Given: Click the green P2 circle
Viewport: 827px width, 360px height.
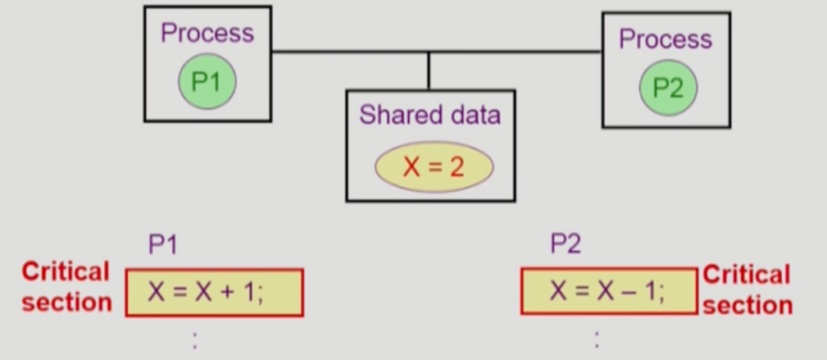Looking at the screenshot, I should coord(667,88).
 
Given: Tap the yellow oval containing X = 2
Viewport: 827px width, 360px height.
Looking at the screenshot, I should coord(434,167).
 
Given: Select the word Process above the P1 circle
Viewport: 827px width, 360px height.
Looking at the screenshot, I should coord(207,34).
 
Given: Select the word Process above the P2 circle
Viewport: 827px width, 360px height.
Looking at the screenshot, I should coord(665,39).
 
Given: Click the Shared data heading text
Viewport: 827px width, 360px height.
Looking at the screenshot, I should coord(429,115).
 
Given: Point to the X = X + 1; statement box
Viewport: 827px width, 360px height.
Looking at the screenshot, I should coord(214,292).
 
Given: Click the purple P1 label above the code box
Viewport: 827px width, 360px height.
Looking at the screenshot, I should coord(162,244).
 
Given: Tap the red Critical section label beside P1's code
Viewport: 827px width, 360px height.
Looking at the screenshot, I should coord(66,287).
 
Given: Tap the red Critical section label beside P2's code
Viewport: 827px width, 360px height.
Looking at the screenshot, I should coord(747,289).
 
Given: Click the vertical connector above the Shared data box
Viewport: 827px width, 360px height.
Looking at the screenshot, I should coord(429,71).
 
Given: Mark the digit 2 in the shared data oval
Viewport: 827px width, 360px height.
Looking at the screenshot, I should coord(457,168).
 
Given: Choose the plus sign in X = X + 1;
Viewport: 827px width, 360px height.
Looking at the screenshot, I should coord(225,292).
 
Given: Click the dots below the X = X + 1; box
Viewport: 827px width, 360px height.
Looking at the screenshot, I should coord(194,339).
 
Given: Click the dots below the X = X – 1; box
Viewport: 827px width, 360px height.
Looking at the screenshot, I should coord(596,339).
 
